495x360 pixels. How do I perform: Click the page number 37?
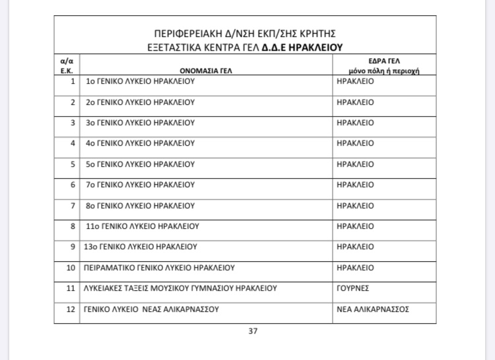(x=252, y=331)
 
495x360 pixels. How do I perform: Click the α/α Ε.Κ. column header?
(x=66, y=65)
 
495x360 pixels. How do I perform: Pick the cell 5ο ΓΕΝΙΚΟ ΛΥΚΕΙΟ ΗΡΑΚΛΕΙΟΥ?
(x=141, y=164)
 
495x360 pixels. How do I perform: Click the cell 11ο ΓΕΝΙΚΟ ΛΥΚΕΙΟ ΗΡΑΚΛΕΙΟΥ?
(x=143, y=226)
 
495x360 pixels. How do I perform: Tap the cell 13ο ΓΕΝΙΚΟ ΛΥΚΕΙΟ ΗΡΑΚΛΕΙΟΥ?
(x=143, y=247)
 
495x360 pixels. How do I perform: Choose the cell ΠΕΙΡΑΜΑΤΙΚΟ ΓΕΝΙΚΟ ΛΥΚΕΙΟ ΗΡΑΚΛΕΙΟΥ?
(x=160, y=268)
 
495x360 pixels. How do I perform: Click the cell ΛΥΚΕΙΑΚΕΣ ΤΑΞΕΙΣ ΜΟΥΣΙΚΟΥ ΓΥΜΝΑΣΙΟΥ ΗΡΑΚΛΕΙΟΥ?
(x=180, y=288)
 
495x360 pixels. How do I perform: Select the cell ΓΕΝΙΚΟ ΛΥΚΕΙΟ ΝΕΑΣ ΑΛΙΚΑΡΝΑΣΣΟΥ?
(x=152, y=309)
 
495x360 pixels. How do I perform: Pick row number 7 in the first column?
(x=73, y=206)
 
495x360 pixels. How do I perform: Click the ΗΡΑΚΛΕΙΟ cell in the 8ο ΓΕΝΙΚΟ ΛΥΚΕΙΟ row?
(x=355, y=206)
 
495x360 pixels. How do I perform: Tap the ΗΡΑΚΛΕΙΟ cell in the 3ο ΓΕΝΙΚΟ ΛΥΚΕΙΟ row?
(x=355, y=123)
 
